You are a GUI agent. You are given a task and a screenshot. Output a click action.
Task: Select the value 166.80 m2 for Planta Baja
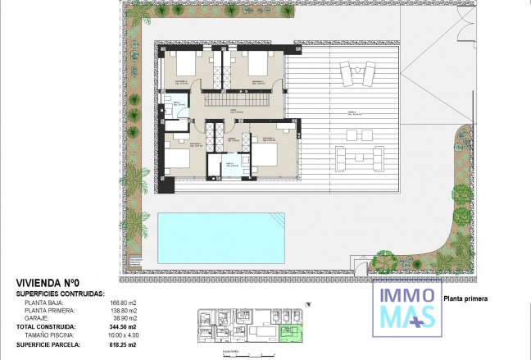124,303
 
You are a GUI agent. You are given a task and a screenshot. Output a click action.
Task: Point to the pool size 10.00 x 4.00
124,335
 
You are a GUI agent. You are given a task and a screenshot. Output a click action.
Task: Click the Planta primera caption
465,299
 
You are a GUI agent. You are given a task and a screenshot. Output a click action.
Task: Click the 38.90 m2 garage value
124,319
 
